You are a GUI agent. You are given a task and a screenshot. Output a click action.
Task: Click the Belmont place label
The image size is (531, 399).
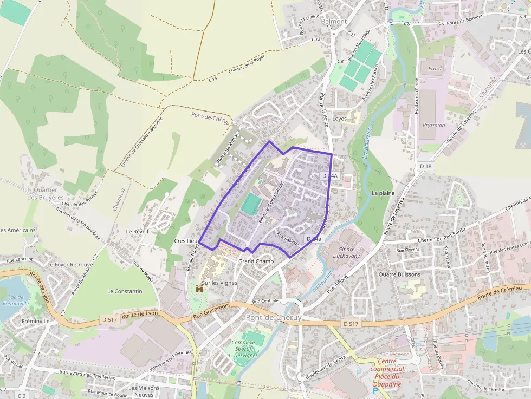(x=334, y=21)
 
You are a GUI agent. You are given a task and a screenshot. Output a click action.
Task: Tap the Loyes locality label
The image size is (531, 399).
(x=339, y=119)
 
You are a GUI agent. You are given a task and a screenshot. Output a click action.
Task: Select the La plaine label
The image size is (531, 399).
(x=383, y=193)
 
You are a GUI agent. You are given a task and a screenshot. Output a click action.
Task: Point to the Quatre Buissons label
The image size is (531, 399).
(x=399, y=274)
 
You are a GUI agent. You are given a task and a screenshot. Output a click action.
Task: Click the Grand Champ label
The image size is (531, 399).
(x=256, y=261)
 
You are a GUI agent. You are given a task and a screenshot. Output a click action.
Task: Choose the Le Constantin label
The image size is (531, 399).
(x=125, y=291)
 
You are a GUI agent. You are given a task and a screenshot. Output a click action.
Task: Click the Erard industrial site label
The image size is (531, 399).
(x=435, y=69)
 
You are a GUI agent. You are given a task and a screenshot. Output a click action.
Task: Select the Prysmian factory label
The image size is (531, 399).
(x=433, y=125)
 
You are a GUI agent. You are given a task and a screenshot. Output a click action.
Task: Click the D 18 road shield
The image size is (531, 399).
(x=426, y=166)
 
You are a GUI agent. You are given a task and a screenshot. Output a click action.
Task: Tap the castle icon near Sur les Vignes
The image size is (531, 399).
(x=199, y=289)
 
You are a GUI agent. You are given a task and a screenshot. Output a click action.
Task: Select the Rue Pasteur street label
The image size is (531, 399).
(x=288, y=240)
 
